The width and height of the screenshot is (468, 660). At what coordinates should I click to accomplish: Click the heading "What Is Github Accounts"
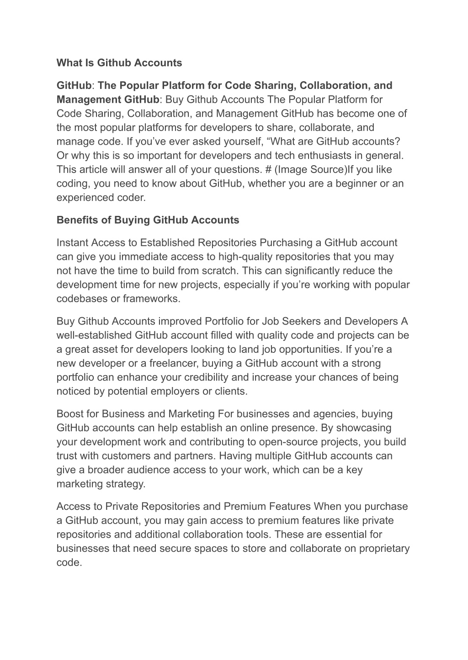pos(119,63)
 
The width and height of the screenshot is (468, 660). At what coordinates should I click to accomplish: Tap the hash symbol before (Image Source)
pos(267,169)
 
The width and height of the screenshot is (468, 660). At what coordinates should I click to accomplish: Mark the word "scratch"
pos(219,271)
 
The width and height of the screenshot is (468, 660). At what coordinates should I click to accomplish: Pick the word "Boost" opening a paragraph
pos(69,414)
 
